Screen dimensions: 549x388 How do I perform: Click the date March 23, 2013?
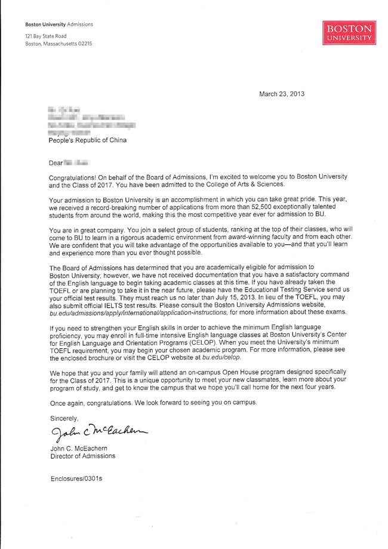(x=281, y=94)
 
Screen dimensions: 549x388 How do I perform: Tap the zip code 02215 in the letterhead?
(x=84, y=44)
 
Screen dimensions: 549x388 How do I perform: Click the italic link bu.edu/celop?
(x=222, y=357)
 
